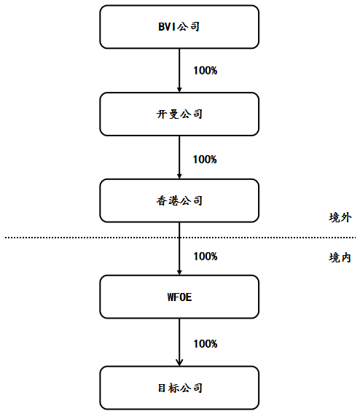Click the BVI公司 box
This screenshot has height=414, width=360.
tap(179, 27)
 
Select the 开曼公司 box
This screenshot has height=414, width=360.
tap(179, 114)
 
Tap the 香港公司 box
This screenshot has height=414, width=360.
tap(179, 200)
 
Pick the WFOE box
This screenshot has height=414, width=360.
tap(179, 297)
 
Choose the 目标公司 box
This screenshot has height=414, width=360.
tap(179, 388)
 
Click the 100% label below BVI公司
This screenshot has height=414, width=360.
tap(206, 71)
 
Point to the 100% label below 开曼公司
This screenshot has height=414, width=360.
tap(205, 160)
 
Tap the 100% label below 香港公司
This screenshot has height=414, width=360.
tap(206, 257)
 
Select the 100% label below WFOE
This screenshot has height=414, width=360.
tap(206, 344)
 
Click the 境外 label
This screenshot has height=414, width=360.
tap(340, 217)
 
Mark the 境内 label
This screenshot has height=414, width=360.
tap(340, 257)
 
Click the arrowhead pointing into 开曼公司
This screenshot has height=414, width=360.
tap(179, 90)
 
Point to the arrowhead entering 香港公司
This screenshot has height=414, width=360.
tap(179, 176)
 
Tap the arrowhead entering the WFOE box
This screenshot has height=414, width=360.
tap(179, 273)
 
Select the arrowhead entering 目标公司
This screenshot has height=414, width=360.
tap(179, 363)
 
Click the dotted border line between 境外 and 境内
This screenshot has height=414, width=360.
tap(180, 238)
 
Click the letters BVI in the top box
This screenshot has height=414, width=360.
tap(167, 27)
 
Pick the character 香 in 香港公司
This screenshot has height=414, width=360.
tap(162, 201)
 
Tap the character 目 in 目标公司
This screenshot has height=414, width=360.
tap(162, 388)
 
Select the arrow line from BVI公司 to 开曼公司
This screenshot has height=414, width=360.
tap(179, 71)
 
